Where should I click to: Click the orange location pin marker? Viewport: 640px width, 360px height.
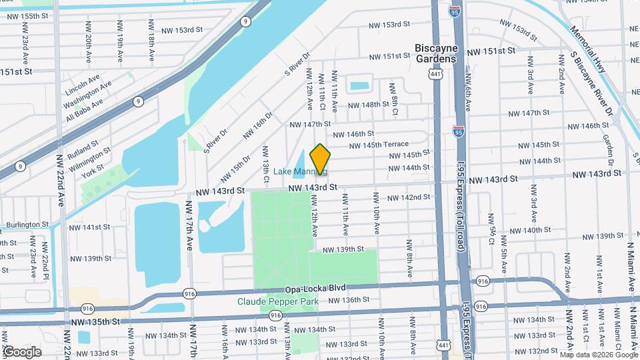320,159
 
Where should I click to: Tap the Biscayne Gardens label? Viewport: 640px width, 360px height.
435,53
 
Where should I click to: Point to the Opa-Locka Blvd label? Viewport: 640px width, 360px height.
316,288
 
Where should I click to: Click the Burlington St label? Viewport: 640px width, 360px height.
27,225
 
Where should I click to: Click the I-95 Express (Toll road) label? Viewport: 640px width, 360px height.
461,207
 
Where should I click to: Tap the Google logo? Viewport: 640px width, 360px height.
22,351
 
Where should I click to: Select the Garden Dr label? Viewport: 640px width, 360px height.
608,150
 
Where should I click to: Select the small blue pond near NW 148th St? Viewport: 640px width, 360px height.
359,86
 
